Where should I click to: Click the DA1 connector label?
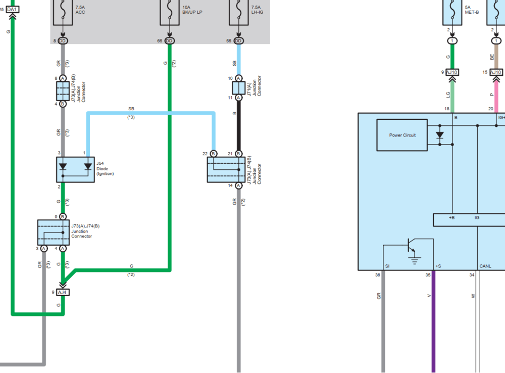click(13, 9)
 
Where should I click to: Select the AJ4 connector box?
click(63, 292)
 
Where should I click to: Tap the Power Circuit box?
click(402, 135)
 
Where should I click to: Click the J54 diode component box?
click(75, 169)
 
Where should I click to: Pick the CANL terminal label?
click(485, 266)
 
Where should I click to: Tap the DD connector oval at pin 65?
click(169, 40)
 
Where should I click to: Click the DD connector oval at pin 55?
click(239, 40)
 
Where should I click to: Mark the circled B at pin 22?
click(213, 153)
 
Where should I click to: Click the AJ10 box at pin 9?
click(452, 72)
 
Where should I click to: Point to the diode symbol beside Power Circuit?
click(439, 135)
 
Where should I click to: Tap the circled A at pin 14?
click(239, 185)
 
